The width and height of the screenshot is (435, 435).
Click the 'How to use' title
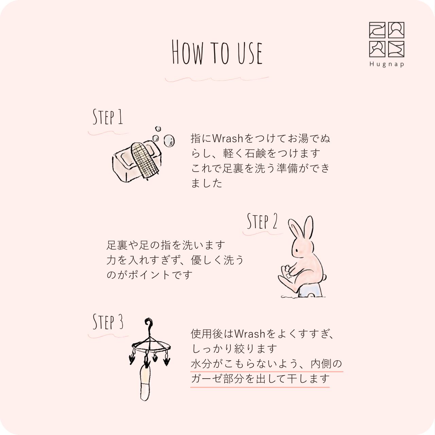tap(217, 52)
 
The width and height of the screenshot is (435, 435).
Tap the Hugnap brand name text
tap(387, 64)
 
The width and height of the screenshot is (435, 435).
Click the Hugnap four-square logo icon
tap(387, 39)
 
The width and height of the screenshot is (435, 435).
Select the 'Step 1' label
tap(108, 117)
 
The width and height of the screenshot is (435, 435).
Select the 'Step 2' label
tap(262, 221)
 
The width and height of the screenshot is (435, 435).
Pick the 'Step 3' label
tap(108, 322)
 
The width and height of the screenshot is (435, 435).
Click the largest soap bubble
tap(169, 141)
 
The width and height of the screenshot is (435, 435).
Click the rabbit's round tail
tap(325, 277)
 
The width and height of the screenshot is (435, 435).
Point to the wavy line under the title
tap(217, 79)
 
